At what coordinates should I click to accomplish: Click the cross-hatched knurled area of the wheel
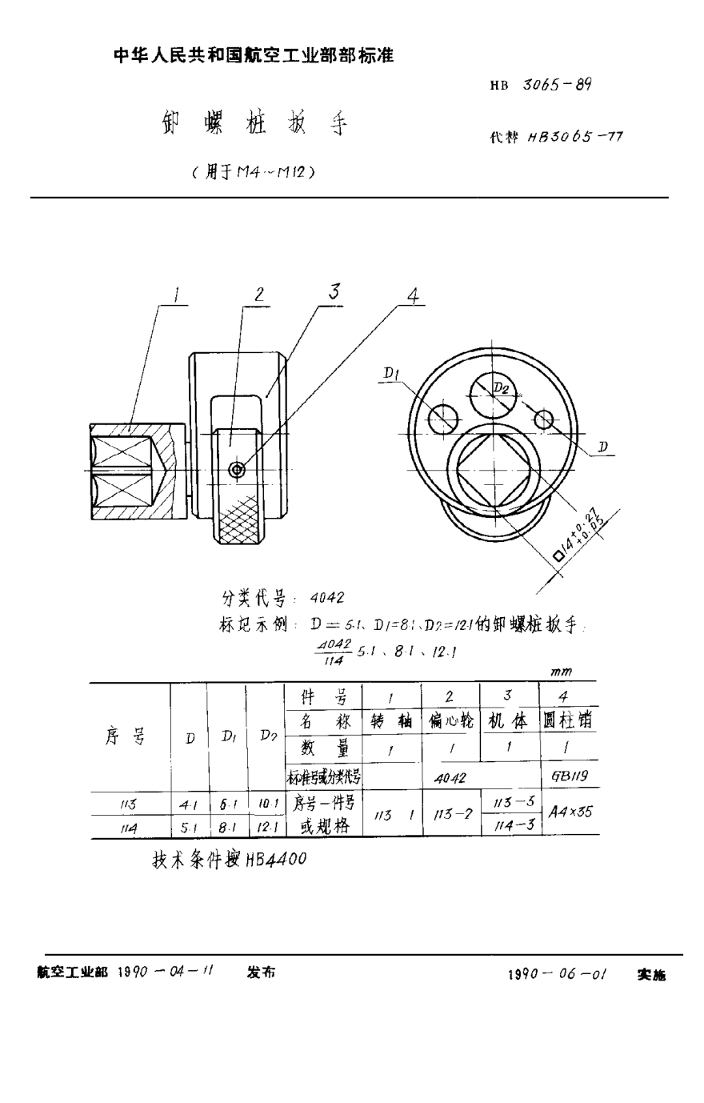238,521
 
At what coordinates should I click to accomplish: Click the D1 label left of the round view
390,372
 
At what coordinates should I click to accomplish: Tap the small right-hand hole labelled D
545,418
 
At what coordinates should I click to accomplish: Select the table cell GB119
570,776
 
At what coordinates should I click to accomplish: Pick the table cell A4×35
570,812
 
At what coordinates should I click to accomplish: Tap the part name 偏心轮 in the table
450,721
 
